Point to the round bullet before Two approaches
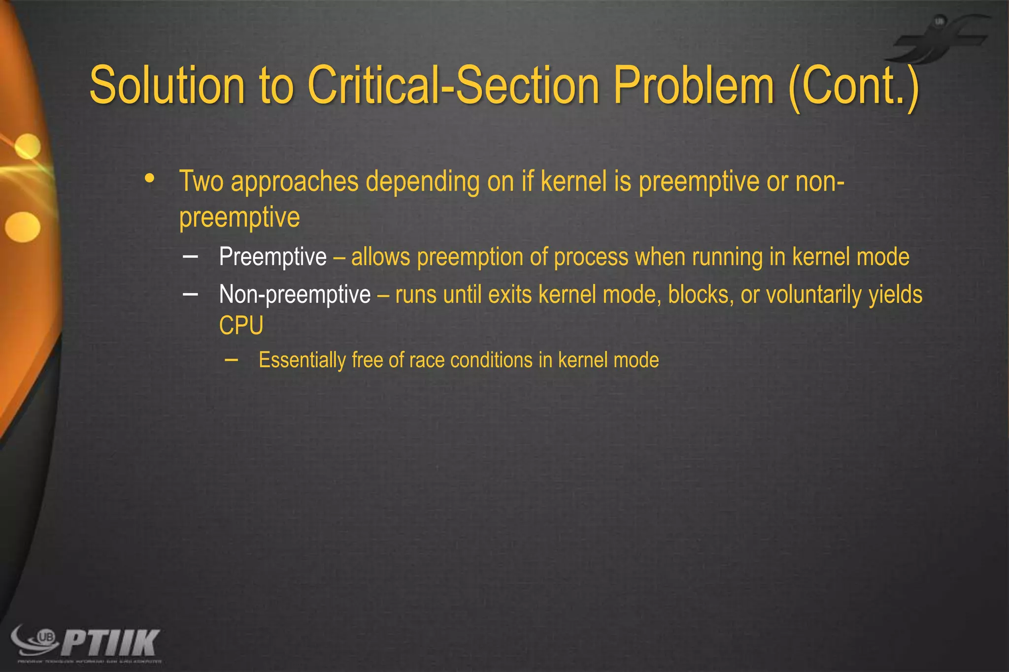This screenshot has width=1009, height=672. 150,179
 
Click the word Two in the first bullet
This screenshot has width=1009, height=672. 201,181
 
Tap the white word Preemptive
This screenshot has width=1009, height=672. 272,257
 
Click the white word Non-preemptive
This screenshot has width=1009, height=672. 295,295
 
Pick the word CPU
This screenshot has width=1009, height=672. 241,325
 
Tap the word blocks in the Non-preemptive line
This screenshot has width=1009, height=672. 701,294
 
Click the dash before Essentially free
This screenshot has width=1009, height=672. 231,360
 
